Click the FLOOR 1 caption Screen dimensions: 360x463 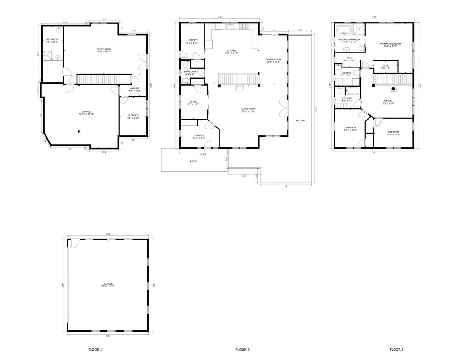(x=95, y=350)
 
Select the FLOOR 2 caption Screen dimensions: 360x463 (x=242, y=350)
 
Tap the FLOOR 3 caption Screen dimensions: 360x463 (x=396, y=350)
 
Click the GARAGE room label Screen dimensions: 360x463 (x=108, y=284)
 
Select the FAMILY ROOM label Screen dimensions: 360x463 (x=104, y=49)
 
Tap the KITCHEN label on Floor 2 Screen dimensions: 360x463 (x=232, y=51)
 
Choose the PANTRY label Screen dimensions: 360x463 (x=192, y=40)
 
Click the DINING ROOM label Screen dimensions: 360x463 (x=273, y=59)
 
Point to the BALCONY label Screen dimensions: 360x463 (x=301, y=121)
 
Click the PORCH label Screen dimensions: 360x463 (x=194, y=161)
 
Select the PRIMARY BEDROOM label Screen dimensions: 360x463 (x=390, y=44)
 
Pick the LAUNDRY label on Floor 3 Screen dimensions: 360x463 (x=347, y=73)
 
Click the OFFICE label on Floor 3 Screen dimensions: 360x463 (x=387, y=100)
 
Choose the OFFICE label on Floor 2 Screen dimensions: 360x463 (x=194, y=101)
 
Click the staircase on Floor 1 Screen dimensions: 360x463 (x=103, y=78)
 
